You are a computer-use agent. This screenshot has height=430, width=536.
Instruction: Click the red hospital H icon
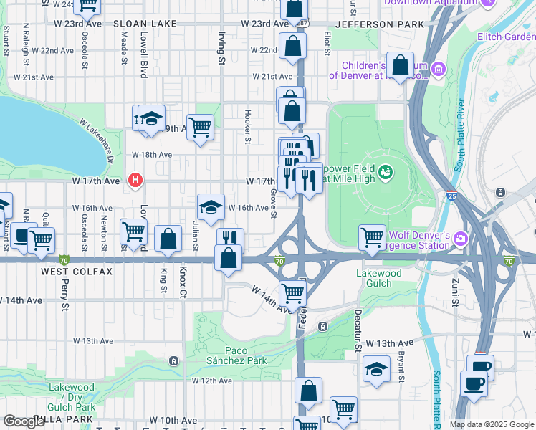pyautogui.click(x=134, y=181)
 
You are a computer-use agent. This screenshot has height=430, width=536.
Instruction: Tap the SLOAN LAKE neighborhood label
pyautogui.click(x=145, y=24)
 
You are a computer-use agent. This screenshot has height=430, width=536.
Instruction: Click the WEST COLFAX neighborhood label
pyautogui.click(x=77, y=272)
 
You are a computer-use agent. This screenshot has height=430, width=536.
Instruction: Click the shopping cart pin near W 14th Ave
pyautogui.click(x=292, y=292)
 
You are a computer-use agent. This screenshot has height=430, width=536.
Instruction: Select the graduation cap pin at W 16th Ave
pyautogui.click(x=211, y=207)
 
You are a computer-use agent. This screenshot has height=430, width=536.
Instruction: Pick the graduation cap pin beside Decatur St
pyautogui.click(x=375, y=369)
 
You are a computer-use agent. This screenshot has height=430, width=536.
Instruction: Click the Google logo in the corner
pyautogui.click(x=24, y=421)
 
